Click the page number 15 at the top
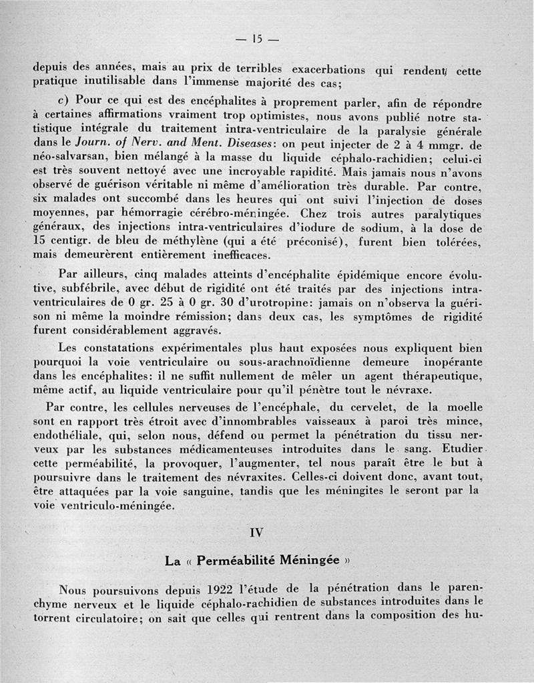pyautogui.click(x=256, y=39)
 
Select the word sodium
pyautogui.click(x=368, y=228)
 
